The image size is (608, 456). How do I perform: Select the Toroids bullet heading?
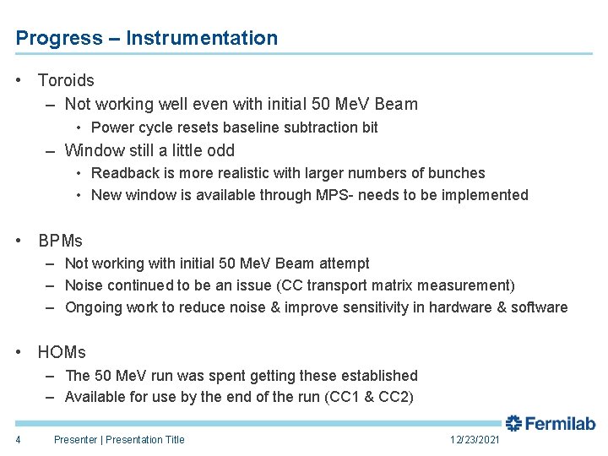pyautogui.click(x=66, y=80)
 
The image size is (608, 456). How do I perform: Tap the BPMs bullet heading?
pyautogui.click(x=61, y=241)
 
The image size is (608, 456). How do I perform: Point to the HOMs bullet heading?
pyautogui.click(x=62, y=352)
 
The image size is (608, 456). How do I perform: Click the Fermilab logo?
pyautogui.click(x=551, y=423)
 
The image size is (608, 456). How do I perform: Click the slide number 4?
pyautogui.click(x=18, y=439)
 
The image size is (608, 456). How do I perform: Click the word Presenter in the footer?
pyautogui.click(x=75, y=439)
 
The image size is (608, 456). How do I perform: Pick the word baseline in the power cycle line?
pyautogui.click(x=245, y=128)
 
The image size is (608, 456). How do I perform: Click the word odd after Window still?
pyautogui.click(x=220, y=150)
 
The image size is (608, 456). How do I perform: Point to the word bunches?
pyautogui.click(x=459, y=173)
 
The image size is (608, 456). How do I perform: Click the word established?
pyautogui.click(x=377, y=375)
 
